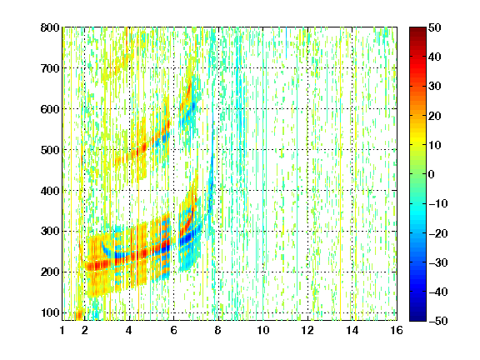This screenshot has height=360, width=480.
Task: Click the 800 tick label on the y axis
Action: [x=50, y=27]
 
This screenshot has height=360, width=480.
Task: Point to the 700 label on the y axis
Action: [x=50, y=68]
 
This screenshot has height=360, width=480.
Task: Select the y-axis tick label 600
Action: [x=50, y=109]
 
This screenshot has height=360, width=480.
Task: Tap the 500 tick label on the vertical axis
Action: [x=50, y=150]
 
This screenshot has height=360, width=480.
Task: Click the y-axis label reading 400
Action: [x=50, y=191]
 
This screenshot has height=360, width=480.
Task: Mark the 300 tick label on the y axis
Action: [x=50, y=231]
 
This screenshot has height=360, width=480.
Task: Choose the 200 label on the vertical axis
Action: [x=50, y=272]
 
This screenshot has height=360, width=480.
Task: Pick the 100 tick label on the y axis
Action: [x=50, y=312]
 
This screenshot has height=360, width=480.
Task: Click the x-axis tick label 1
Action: [x=62, y=330]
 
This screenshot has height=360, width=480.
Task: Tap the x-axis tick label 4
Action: [x=129, y=330]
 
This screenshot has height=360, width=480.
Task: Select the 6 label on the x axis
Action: [x=173, y=330]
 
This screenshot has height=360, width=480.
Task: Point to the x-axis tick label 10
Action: [x=263, y=330]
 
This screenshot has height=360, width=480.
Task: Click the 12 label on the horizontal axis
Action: [x=307, y=330]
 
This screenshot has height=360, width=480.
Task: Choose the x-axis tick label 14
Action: [x=352, y=330]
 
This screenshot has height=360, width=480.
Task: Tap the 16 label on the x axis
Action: [x=397, y=330]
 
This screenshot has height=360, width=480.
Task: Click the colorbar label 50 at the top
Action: [x=434, y=27]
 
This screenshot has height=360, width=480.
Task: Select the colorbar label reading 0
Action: [x=432, y=174]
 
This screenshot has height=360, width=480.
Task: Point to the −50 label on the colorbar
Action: [x=438, y=321]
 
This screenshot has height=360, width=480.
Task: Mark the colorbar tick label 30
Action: [x=434, y=87]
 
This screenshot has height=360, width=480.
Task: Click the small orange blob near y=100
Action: [x=79, y=315]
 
